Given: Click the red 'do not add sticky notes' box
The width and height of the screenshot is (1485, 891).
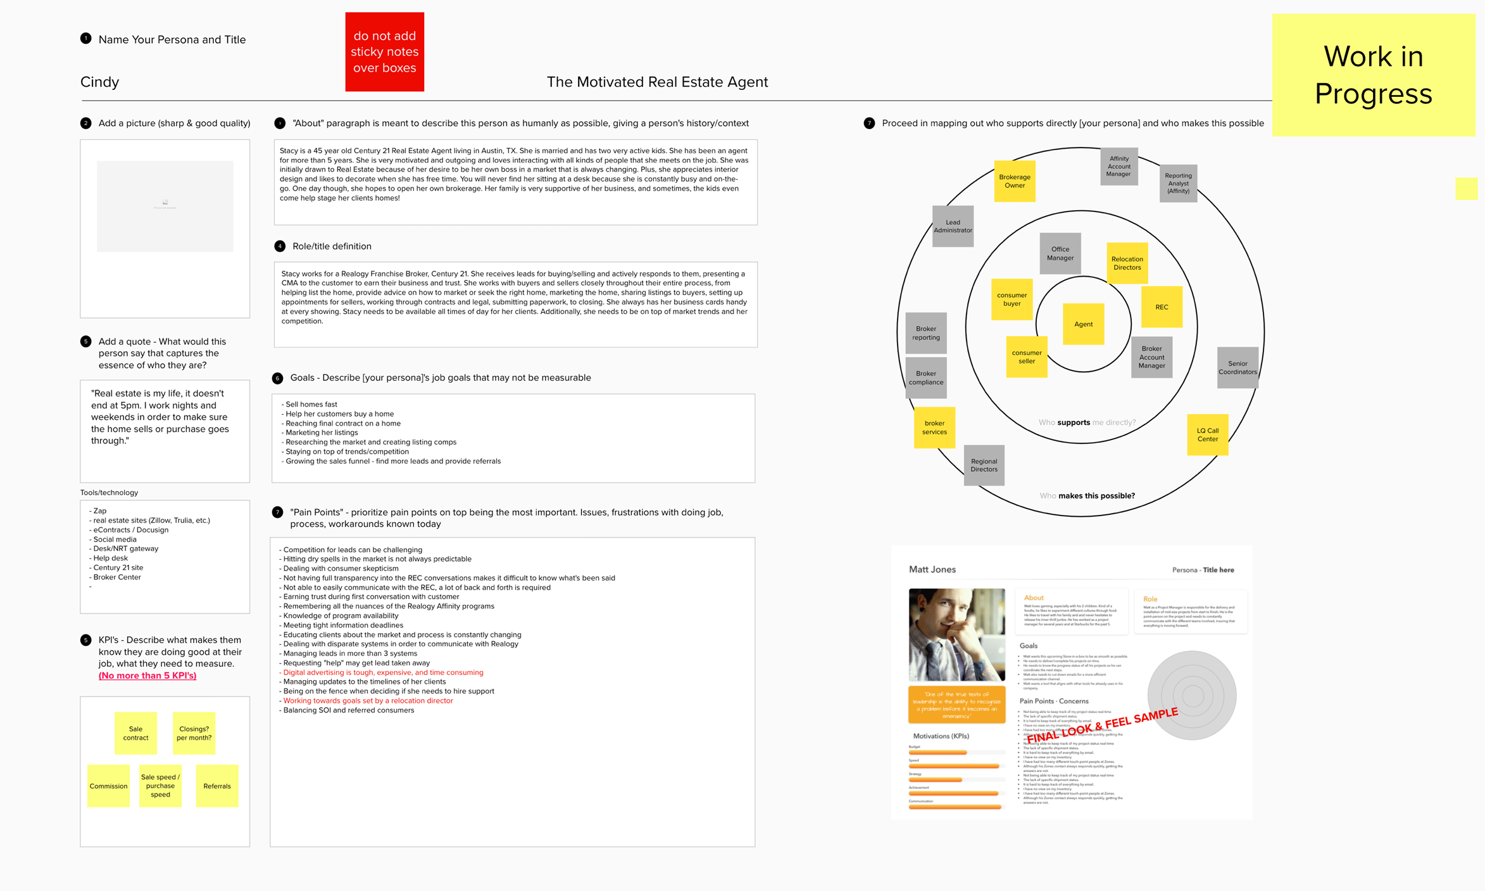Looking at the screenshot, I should pyautogui.click(x=384, y=52).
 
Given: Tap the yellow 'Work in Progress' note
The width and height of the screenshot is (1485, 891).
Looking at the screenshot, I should pyautogui.click(x=1373, y=75).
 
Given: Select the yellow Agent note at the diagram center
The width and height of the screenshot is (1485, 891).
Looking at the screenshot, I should pyautogui.click(x=1083, y=324).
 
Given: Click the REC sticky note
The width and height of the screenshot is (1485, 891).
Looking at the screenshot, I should pyautogui.click(x=1162, y=307).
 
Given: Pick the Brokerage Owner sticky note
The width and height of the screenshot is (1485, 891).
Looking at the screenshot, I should pyautogui.click(x=1014, y=181).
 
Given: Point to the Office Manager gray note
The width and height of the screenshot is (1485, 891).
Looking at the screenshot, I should pyautogui.click(x=1060, y=253).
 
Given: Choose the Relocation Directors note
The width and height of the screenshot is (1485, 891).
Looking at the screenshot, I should pyautogui.click(x=1127, y=263).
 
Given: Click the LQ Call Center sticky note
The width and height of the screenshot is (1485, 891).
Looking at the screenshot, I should pyautogui.click(x=1207, y=434).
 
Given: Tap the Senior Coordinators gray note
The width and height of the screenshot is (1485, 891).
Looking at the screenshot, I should pyautogui.click(x=1237, y=367).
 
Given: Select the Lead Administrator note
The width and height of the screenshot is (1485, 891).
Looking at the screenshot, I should pyautogui.click(x=953, y=226).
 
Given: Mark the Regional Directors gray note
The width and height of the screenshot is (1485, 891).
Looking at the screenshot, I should pyautogui.click(x=984, y=465).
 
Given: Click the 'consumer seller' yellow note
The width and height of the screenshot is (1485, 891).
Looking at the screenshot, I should pyautogui.click(x=1026, y=357).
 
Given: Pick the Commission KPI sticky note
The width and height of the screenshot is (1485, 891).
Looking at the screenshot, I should pyautogui.click(x=108, y=786).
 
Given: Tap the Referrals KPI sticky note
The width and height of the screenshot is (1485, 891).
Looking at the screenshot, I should pyautogui.click(x=217, y=786).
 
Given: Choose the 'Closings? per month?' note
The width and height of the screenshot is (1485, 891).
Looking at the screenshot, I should pyautogui.click(x=194, y=733).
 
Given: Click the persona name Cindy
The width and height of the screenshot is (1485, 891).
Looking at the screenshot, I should pyautogui.click(x=100, y=82).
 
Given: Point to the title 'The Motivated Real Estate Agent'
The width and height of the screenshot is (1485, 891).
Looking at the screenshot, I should pyautogui.click(x=657, y=82).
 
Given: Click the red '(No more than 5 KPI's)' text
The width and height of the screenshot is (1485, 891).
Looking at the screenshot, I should pyautogui.click(x=147, y=676).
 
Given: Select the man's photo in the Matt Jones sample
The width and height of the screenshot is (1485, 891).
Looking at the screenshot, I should pyautogui.click(x=956, y=635).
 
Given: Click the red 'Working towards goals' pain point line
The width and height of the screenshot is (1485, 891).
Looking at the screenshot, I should pyautogui.click(x=368, y=700).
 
